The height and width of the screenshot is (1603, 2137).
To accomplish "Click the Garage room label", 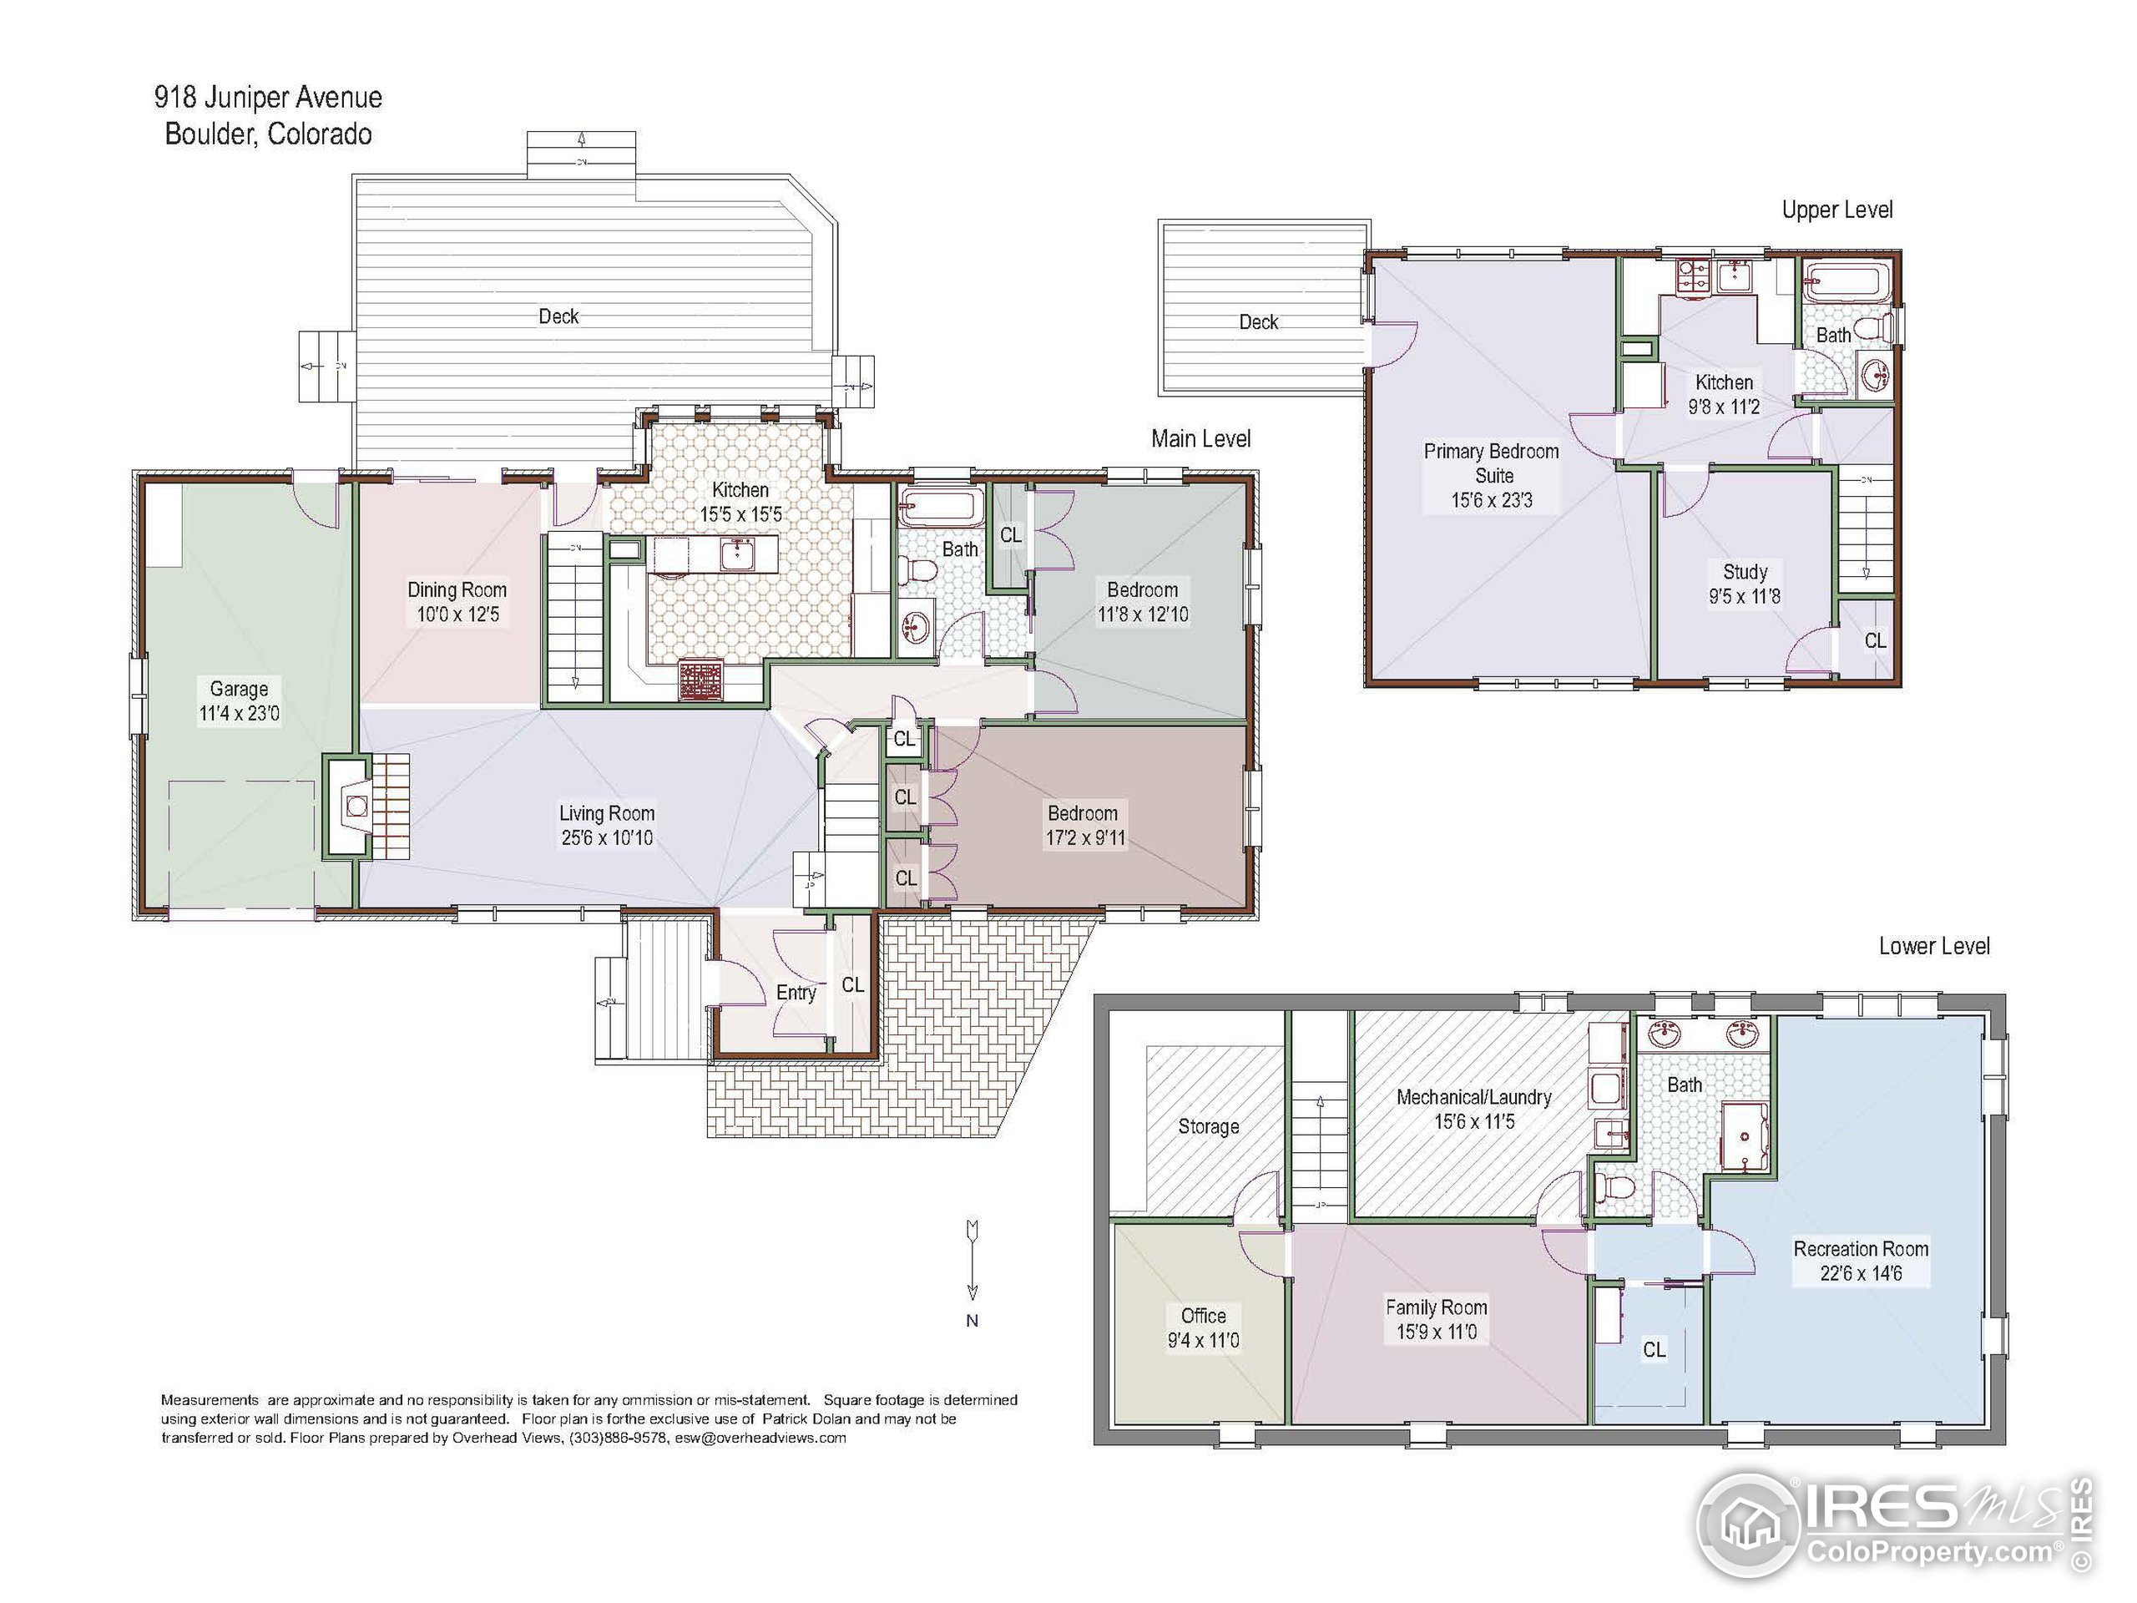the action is (x=239, y=689).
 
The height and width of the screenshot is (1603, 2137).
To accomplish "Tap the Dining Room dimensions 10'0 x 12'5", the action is (x=458, y=614).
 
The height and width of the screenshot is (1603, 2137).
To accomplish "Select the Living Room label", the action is (x=607, y=813).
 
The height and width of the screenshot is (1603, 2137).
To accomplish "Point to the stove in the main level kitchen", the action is (x=700, y=680).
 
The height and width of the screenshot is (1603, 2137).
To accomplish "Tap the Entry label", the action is (x=796, y=993).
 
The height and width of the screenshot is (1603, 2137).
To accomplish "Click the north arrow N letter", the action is (x=972, y=1321).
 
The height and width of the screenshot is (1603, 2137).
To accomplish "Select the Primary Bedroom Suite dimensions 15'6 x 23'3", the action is (x=1492, y=500).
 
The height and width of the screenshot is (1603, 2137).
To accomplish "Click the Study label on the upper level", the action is (x=1745, y=572).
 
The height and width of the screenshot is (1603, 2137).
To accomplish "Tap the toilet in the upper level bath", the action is (x=1872, y=326).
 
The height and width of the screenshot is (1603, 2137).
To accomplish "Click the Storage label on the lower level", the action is (x=1209, y=1126).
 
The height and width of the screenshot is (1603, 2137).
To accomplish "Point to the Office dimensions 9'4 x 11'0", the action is (x=1204, y=1340).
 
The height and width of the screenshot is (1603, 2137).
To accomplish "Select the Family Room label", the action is (x=1437, y=1307).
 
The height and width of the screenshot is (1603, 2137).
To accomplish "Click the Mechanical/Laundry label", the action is (x=1474, y=1098).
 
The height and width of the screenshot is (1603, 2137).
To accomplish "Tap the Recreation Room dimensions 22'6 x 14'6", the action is (x=1861, y=1273).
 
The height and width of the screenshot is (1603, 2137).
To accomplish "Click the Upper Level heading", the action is (x=1836, y=210).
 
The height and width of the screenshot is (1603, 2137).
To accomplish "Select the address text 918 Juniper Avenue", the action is (x=269, y=98).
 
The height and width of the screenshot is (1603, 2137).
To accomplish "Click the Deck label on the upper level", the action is (x=1259, y=321).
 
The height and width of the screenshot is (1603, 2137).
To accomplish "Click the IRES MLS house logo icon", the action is (x=1750, y=1525).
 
